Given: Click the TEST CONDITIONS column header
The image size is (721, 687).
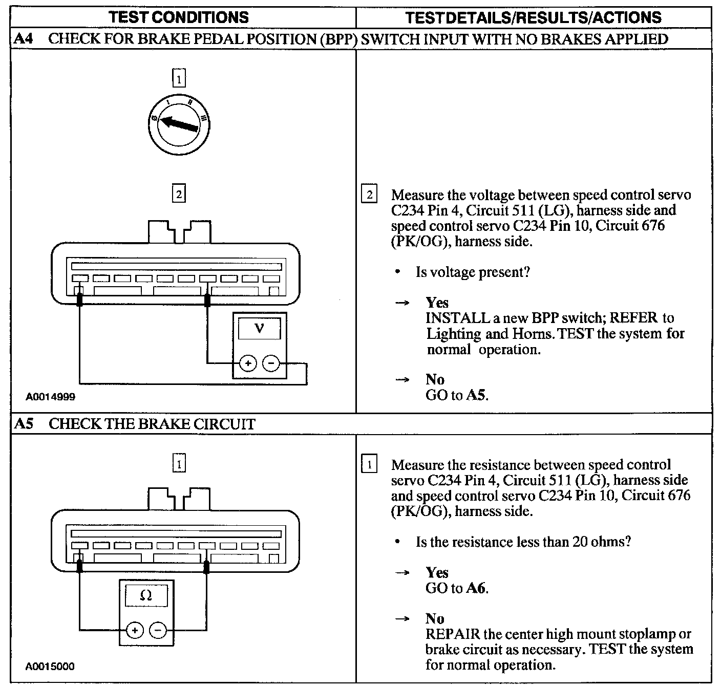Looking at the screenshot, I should [179, 17].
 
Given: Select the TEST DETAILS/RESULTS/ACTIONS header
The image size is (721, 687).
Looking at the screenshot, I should [533, 17].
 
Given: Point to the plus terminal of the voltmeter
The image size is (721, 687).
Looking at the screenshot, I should [248, 363].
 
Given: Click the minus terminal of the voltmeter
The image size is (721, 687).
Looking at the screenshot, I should [271, 363].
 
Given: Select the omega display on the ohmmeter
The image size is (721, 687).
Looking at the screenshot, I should [146, 595].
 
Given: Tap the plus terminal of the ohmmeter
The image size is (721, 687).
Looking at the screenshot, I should [135, 630].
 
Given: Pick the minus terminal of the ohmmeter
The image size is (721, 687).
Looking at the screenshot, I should [158, 630].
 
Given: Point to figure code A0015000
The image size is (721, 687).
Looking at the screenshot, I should [51, 667].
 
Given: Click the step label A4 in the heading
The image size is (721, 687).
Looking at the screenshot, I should [23, 39].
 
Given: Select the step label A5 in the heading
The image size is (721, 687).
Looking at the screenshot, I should [23, 424].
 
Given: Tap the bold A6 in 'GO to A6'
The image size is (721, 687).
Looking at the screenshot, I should [476, 588].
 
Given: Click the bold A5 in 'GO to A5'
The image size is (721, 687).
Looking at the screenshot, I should [476, 395].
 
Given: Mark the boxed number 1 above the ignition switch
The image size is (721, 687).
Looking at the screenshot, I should [179, 79].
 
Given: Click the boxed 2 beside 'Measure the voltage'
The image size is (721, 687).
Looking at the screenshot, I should [369, 195].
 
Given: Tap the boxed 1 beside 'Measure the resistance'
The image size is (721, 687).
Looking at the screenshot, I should [369, 465].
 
